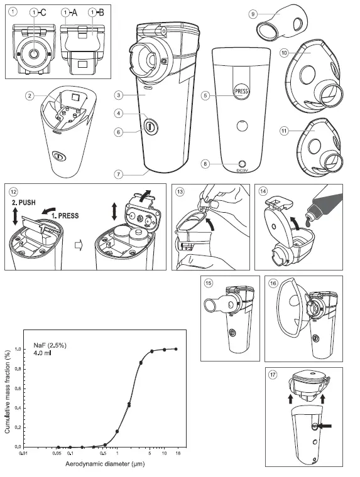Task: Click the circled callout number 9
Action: click(253, 12)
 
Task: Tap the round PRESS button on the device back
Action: click(242, 92)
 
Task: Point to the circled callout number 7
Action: click(117, 173)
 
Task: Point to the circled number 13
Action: click(179, 191)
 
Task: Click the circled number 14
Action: click(264, 191)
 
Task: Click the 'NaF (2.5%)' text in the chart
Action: click(46, 345)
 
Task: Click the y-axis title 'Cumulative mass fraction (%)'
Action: click(7, 390)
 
